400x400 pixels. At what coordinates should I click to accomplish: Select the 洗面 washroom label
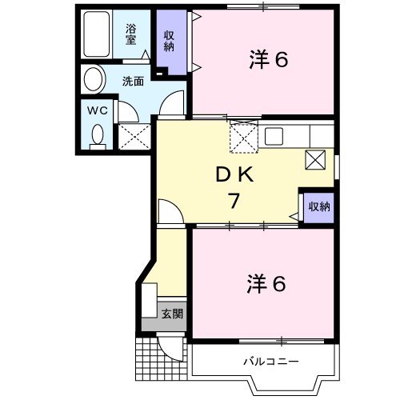tap(133, 81)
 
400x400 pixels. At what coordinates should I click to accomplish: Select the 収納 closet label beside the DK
tap(318, 206)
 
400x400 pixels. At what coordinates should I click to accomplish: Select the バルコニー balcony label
tap(270, 362)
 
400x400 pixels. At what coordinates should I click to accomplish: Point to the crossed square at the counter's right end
tap(315, 160)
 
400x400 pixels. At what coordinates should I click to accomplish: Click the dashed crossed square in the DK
tap(242, 137)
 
